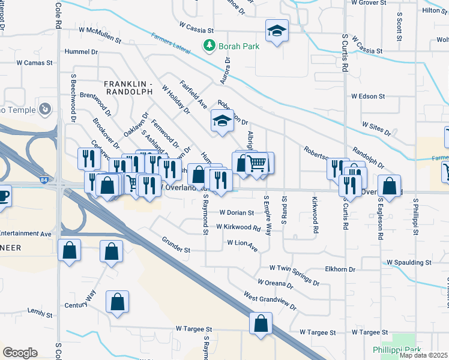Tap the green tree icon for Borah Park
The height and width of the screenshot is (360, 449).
pyautogui.click(x=209, y=45)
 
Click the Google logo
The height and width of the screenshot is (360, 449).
pyautogui.click(x=20, y=353)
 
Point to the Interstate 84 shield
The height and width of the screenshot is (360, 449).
pyautogui.click(x=44, y=179)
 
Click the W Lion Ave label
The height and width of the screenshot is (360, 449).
pyautogui.click(x=242, y=243)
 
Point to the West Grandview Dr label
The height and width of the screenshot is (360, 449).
pyautogui.click(x=270, y=300)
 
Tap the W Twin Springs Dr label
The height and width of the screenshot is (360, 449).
pyautogui.click(x=294, y=267)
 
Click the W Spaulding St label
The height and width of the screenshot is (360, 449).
pyautogui.click(x=409, y=263)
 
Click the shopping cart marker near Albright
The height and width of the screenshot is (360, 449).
pyautogui.click(x=256, y=163)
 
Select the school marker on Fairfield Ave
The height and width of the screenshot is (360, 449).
pyautogui.click(x=221, y=121)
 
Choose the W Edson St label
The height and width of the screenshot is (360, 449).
pyautogui.click(x=368, y=96)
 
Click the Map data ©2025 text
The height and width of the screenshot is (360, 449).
pyautogui.click(x=424, y=355)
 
